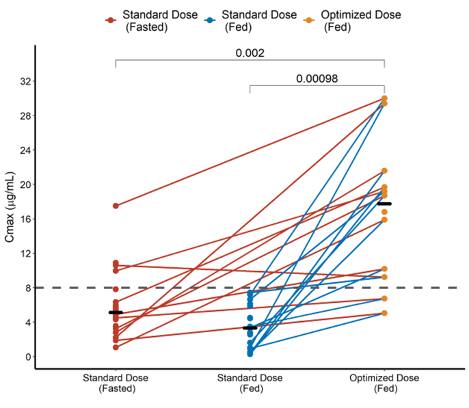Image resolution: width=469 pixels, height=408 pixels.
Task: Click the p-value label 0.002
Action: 250,53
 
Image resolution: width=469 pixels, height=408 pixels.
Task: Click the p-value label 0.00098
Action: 317,78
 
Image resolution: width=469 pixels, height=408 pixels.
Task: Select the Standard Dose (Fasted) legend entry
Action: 149,21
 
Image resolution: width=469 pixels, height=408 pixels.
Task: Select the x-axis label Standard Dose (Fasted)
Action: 116,383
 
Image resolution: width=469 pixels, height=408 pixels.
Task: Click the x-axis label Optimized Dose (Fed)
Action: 384,383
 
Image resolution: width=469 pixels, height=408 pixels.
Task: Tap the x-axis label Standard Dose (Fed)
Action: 250,383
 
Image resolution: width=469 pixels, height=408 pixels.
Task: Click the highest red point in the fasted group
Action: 116,206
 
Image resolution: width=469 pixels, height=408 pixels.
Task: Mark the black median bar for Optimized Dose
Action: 384,204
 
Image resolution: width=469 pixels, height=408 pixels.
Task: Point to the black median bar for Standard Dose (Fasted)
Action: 116,312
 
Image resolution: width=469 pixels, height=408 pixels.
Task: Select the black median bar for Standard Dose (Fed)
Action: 250,328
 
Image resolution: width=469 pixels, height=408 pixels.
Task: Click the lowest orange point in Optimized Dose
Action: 384,313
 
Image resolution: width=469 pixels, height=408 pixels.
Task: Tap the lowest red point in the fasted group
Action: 116,347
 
